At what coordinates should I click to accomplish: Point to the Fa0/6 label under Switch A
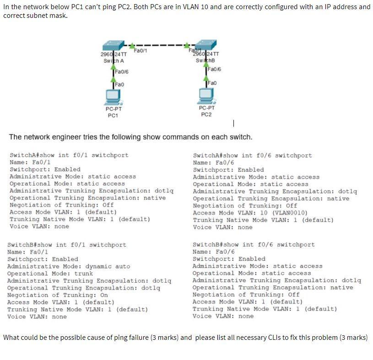122,71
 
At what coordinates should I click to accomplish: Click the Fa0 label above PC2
212,83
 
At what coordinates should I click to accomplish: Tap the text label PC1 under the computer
113,115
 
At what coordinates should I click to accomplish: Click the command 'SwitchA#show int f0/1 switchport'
69,155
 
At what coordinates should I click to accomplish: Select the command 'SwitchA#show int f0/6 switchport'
252,155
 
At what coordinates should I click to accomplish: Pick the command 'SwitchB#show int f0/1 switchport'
67,245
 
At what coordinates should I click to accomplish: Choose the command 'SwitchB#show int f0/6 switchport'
254,245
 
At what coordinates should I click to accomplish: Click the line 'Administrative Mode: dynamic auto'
69,266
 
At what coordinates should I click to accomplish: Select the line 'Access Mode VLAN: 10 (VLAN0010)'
250,213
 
